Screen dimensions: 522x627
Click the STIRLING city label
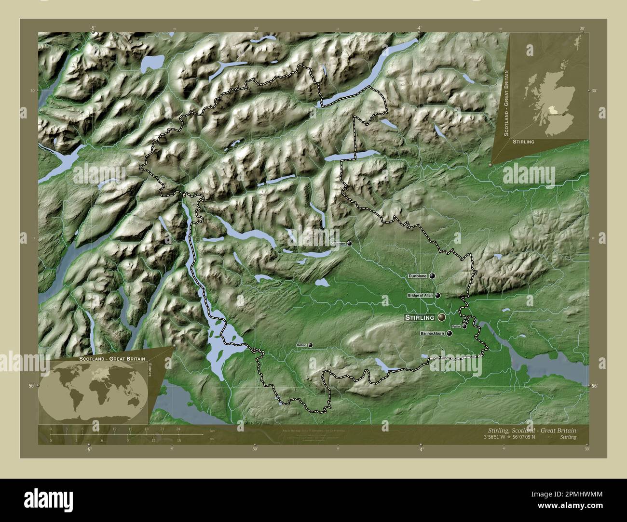pos(420,318)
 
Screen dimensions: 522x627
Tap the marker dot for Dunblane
pos(432,276)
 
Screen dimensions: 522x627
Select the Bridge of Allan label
pos(420,295)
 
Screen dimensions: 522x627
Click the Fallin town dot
pos(464,326)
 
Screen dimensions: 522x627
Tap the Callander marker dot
pos(349,244)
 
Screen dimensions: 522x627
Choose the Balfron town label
pos(302,345)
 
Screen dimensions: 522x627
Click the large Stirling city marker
pos(442,318)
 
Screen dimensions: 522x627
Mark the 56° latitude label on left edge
pos(31,386)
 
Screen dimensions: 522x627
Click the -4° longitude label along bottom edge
pos(420,449)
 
